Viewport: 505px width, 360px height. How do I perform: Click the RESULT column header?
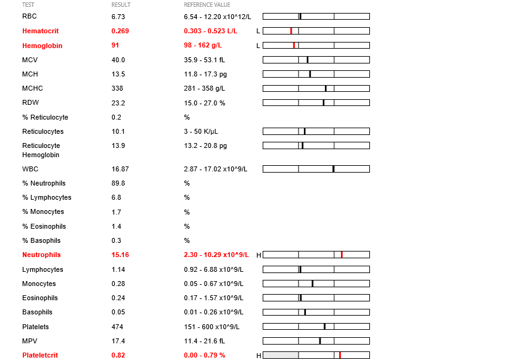click(x=120, y=5)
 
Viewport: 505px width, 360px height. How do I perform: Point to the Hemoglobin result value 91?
click(x=115, y=46)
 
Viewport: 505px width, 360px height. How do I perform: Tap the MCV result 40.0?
click(x=118, y=60)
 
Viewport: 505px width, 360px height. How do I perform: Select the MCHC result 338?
click(x=117, y=88)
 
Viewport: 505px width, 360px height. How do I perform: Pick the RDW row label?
click(x=30, y=102)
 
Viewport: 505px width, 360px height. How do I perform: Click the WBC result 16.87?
click(x=120, y=168)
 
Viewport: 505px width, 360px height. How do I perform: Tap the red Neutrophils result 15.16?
click(x=120, y=255)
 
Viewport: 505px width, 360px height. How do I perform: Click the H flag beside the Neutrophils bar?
click(x=258, y=255)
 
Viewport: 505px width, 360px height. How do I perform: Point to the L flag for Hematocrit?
click(x=258, y=31)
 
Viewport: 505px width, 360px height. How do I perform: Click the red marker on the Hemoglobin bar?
click(x=294, y=45)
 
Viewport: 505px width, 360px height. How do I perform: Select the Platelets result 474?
click(x=117, y=327)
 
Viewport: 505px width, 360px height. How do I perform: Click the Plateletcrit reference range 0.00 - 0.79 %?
click(x=204, y=355)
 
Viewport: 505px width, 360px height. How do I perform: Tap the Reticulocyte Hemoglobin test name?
click(x=41, y=150)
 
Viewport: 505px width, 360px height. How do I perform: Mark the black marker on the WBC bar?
click(x=334, y=168)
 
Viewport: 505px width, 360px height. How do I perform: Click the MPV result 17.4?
click(x=118, y=341)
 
